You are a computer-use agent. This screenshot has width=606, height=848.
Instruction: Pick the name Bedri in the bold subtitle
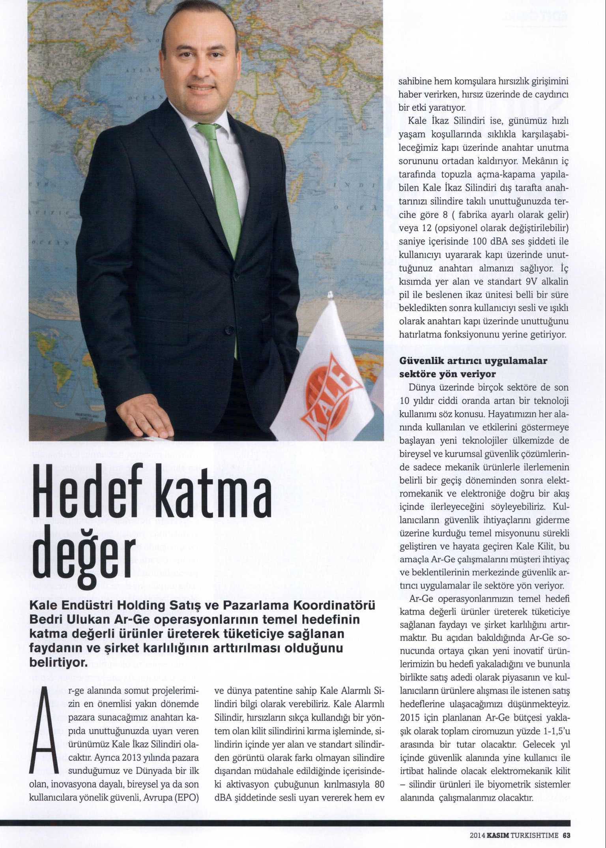47,619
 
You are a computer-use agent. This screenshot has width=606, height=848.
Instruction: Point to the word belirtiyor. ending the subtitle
58,663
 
